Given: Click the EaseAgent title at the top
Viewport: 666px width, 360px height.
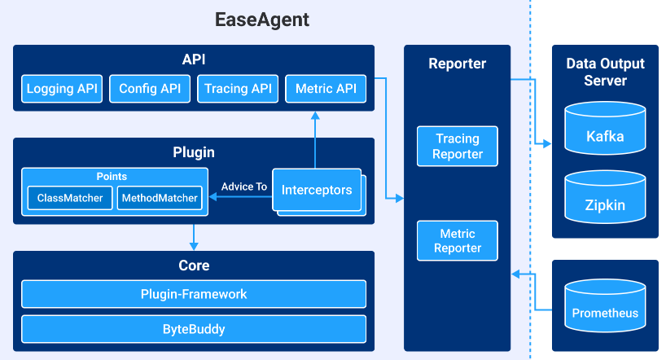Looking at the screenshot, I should click(261, 19).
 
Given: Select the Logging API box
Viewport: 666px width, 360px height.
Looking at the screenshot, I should click(62, 89).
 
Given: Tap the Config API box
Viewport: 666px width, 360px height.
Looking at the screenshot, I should click(150, 89).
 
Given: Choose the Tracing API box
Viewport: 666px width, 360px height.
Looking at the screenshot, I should click(238, 89).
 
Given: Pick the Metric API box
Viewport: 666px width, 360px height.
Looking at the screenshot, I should click(326, 89).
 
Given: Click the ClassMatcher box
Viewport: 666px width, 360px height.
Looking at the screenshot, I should click(69, 198).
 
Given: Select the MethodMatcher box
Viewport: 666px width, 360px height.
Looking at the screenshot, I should click(159, 198).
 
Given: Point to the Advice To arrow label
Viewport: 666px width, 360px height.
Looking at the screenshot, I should click(243, 187).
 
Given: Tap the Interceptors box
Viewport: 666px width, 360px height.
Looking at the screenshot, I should click(317, 190).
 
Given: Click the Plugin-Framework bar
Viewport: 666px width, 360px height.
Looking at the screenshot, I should click(194, 294).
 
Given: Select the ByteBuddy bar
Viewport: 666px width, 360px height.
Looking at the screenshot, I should click(194, 329).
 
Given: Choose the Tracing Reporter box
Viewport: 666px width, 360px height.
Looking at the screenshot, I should click(457, 147).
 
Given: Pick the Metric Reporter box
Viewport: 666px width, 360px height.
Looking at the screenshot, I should click(457, 241).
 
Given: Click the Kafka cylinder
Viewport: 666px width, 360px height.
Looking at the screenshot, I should click(605, 131).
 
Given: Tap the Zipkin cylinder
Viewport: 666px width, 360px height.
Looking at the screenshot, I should click(605, 200).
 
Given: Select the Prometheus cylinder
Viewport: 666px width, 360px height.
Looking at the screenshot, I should click(605, 309).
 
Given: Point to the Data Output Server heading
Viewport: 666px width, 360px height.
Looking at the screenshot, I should click(605, 72).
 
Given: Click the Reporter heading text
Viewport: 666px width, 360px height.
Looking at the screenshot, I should click(457, 64).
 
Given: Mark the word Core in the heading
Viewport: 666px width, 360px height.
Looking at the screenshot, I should click(194, 266).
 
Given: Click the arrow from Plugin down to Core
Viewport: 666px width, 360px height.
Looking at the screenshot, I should click(194, 236).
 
